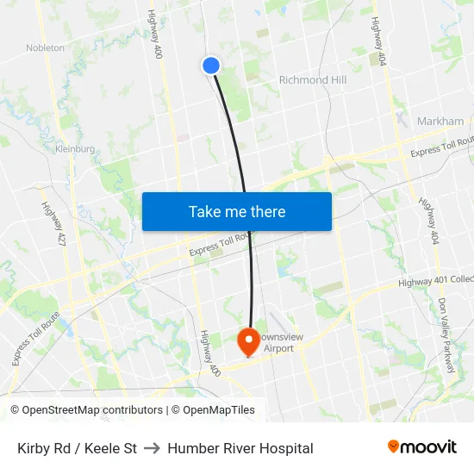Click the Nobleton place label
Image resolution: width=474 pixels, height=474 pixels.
tap(45, 48)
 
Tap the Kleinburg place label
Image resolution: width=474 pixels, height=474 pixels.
tap(74, 149)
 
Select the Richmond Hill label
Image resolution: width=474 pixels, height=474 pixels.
tap(312, 80)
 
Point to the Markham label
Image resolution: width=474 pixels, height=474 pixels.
tap(440, 122)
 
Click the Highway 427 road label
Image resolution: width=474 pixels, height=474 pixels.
tap(52, 223)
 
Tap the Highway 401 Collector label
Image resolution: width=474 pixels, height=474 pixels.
tap(436, 282)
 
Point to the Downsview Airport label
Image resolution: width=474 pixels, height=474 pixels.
tap(278, 343)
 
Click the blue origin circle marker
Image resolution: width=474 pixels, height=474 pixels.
tap(211, 65)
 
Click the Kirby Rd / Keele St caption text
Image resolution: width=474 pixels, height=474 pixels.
tap(78, 448)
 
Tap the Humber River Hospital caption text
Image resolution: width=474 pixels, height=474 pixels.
tap(240, 448)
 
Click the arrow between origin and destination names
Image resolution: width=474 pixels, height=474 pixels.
tap(153, 448)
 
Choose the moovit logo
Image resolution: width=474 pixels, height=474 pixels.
tap(421, 446)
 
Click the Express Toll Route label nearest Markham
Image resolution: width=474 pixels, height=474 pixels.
tap(441, 147)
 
